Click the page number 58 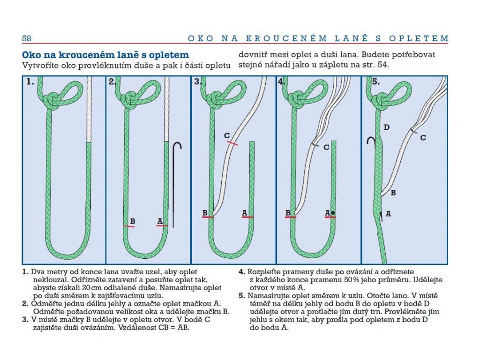[26, 38]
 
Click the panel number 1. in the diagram [30, 82]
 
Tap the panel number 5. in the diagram [375, 82]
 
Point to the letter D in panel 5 [386, 127]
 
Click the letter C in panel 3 [227, 136]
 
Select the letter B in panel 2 [133, 221]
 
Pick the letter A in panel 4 [327, 213]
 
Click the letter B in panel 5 [393, 192]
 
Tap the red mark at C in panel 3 [232, 142]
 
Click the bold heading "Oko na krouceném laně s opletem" [105, 55]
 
